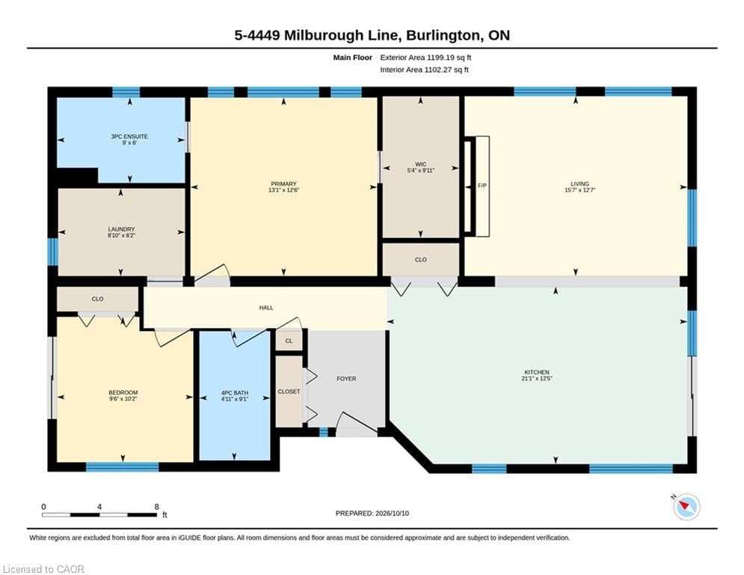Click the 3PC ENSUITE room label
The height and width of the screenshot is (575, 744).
tap(129, 136)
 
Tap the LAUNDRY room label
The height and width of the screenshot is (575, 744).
tap(121, 229)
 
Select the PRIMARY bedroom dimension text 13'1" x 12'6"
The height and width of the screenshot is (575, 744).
tap(283, 190)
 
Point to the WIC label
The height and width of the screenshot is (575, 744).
tap(420, 164)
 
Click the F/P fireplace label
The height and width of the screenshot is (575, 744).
tap(482, 186)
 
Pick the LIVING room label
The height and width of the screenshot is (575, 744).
tap(579, 184)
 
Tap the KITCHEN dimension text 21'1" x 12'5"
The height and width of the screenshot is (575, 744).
tap(537, 379)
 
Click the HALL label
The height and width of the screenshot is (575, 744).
tap(266, 308)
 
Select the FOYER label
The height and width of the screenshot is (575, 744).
tap(346, 379)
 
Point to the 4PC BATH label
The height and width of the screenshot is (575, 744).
tap(235, 393)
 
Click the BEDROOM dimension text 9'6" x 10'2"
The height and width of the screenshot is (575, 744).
tap(123, 399)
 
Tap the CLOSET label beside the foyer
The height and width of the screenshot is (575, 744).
tap(289, 392)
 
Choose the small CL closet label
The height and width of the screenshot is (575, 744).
tap(289, 341)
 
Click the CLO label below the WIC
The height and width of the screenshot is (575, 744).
tap(421, 260)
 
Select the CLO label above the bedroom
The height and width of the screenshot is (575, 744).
tap(98, 299)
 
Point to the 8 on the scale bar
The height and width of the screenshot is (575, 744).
tap(156, 507)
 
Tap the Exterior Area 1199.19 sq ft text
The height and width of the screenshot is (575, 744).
tap(425, 58)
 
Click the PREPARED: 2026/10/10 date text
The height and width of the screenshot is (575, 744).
tap(372, 513)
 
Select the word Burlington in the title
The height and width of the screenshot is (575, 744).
tap(443, 36)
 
